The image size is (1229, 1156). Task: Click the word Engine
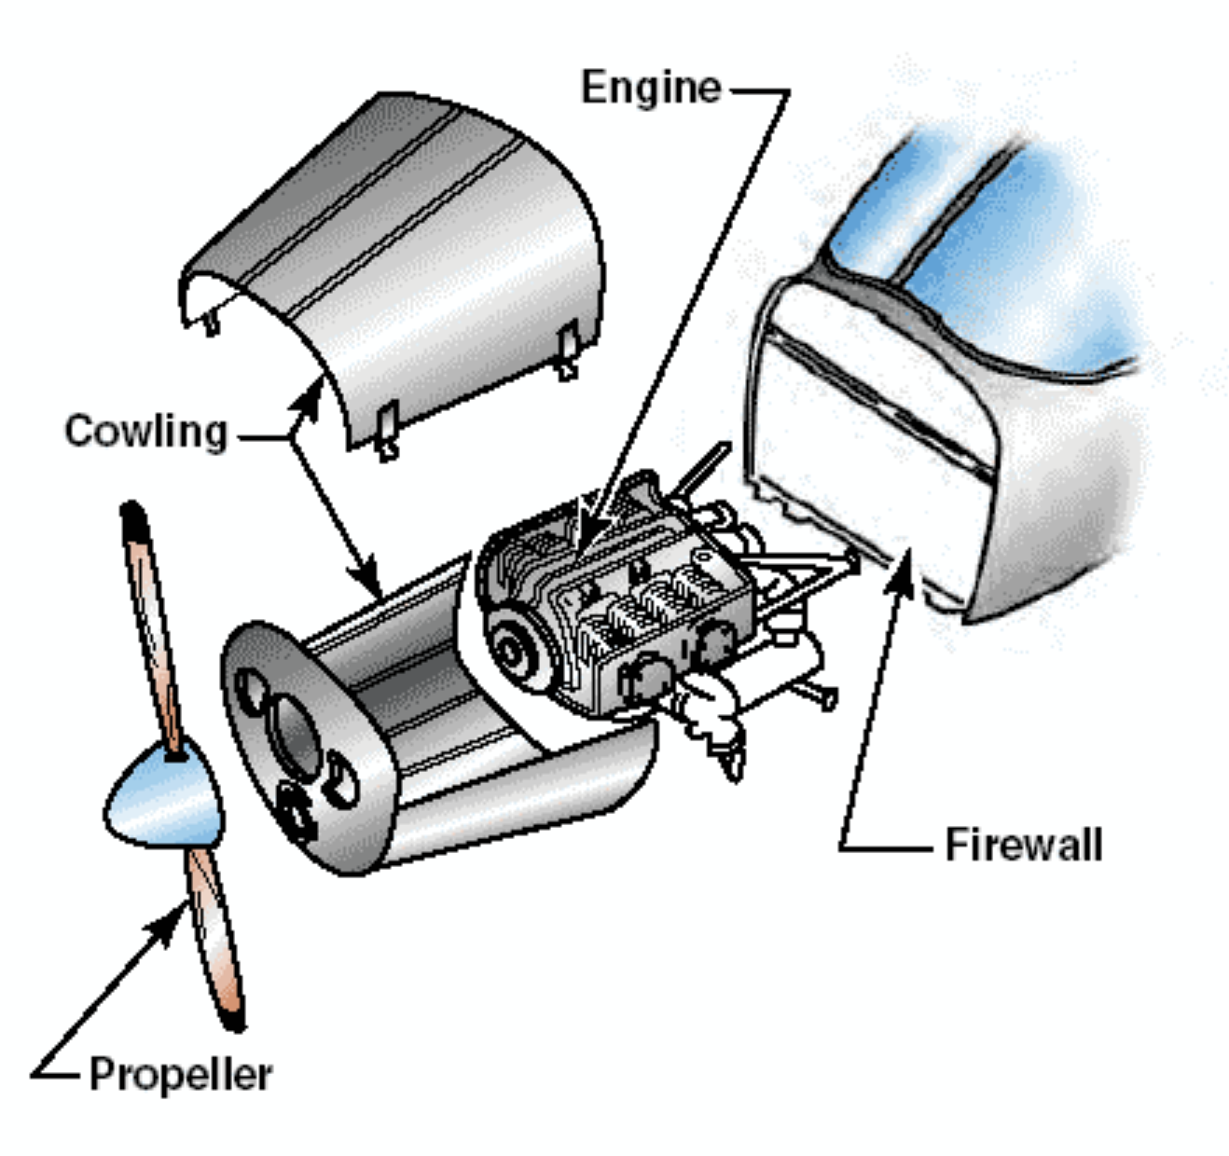pyautogui.click(x=651, y=88)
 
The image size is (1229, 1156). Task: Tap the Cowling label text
pyautogui.click(x=146, y=432)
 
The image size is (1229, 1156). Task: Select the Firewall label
pyautogui.click(x=1023, y=844)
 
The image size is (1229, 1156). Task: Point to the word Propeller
pyautogui.click(x=180, y=1074)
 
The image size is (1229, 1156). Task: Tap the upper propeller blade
pyautogui.click(x=152, y=625)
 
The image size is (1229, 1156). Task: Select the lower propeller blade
pyautogui.click(x=217, y=942)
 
